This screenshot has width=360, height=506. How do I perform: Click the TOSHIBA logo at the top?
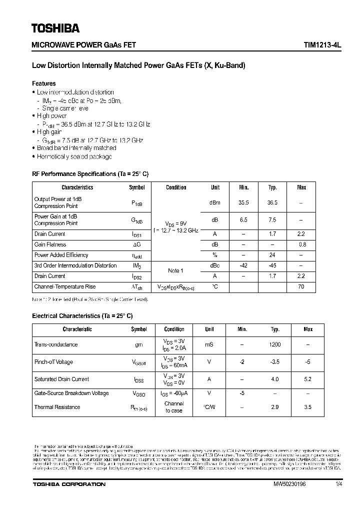55,28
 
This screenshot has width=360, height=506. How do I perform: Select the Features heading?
44,83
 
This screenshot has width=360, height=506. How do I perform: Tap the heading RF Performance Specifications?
90,174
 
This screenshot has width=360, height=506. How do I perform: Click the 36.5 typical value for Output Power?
272,202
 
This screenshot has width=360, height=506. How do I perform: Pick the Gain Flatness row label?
50,244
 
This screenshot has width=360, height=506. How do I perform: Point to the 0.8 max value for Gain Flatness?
302,244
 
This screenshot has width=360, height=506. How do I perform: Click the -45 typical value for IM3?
272,265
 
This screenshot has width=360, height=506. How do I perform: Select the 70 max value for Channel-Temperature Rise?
302,286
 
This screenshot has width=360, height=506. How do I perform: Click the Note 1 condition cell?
175,271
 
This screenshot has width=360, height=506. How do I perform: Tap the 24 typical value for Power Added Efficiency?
272,255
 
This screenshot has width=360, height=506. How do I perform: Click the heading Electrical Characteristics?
82,316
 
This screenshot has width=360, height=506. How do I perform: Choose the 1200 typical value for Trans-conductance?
275,344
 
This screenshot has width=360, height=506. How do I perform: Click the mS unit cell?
209,344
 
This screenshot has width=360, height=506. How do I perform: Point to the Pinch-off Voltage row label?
53,362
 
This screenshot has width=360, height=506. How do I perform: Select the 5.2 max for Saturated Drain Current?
307,379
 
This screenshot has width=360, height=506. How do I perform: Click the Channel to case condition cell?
174,407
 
